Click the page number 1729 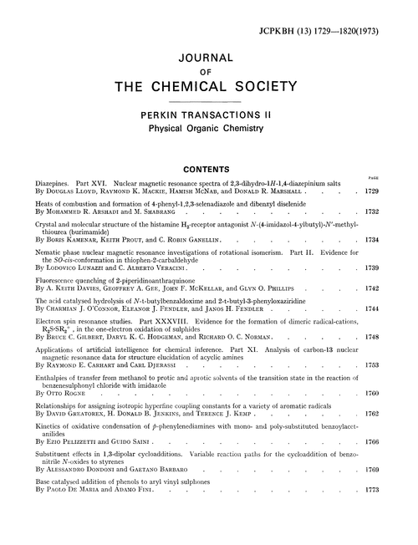[x=396, y=191]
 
